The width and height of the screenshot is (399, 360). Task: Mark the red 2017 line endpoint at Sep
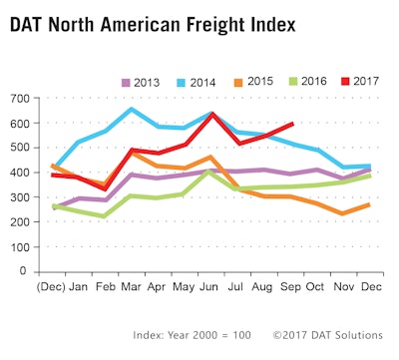[291, 124]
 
